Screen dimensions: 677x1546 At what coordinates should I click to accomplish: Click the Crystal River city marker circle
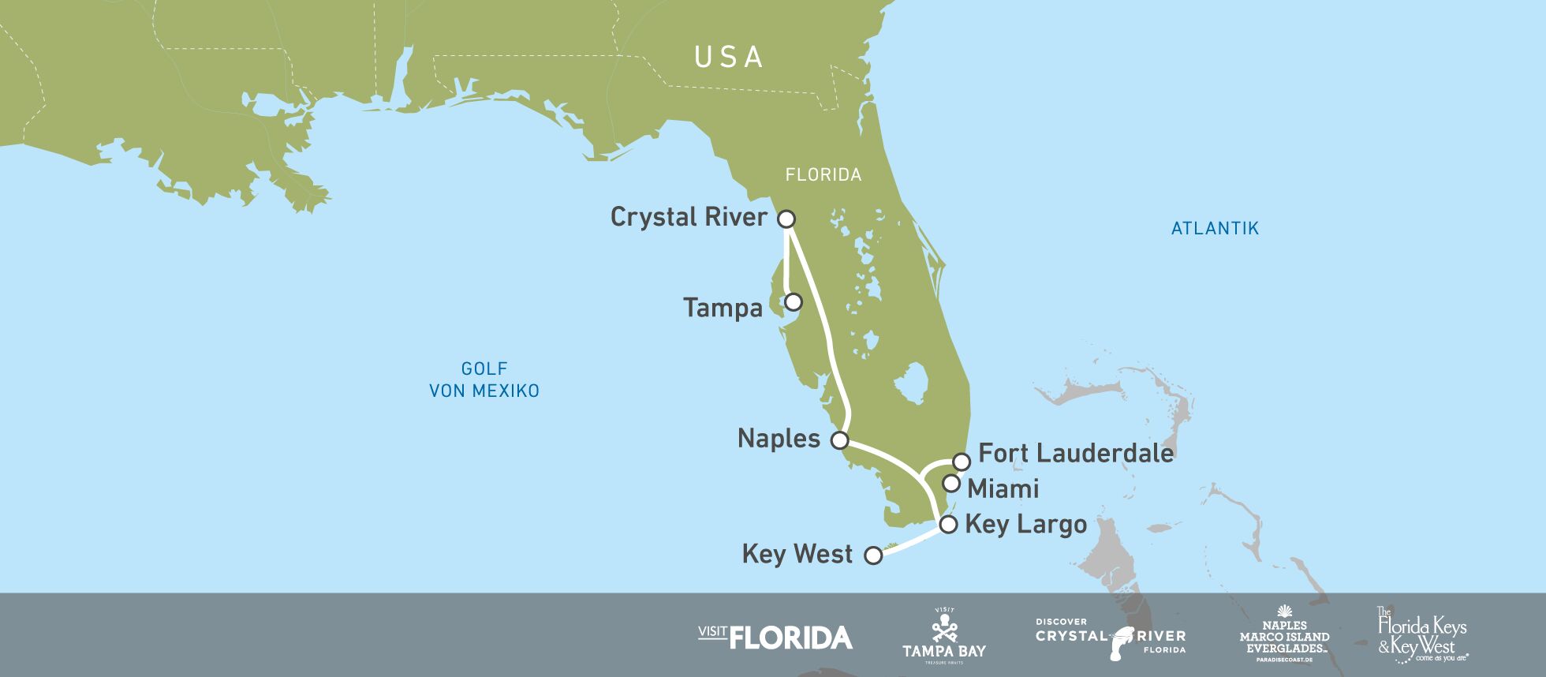pyautogui.click(x=786, y=219)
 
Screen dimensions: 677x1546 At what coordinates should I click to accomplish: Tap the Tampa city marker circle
pyautogui.click(x=794, y=301)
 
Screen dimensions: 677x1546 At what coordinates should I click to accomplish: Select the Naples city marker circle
pyautogui.click(x=840, y=440)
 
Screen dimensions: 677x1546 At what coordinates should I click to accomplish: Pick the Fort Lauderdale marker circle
pyautogui.click(x=961, y=462)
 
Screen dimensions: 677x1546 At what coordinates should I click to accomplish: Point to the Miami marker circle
pyautogui.click(x=951, y=483)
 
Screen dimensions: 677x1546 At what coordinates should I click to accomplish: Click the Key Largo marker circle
pyautogui.click(x=948, y=525)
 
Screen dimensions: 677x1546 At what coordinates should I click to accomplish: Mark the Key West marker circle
pyautogui.click(x=873, y=555)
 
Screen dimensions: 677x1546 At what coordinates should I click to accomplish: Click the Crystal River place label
pyautogui.click(x=689, y=217)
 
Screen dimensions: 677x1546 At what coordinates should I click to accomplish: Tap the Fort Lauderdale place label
pyautogui.click(x=1076, y=453)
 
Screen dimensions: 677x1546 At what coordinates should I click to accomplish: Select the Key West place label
pyautogui.click(x=797, y=554)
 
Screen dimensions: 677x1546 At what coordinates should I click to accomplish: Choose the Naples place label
pyautogui.click(x=779, y=439)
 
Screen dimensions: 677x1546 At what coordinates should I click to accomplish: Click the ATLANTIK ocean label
pyautogui.click(x=1215, y=229)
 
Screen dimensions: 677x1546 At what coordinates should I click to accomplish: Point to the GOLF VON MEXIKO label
pyautogui.click(x=484, y=380)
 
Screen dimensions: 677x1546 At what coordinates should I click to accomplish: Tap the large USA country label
pyautogui.click(x=728, y=58)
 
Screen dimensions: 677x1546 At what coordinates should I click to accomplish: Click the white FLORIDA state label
pyautogui.click(x=823, y=175)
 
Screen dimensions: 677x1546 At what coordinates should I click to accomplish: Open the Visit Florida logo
pyautogui.click(x=775, y=637)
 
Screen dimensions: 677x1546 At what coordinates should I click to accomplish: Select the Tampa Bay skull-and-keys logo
pyautogui.click(x=944, y=635)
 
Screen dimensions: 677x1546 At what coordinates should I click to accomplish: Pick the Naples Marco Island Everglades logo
pyautogui.click(x=1284, y=634)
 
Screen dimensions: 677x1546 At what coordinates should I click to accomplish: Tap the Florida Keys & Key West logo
pyautogui.click(x=1422, y=635)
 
